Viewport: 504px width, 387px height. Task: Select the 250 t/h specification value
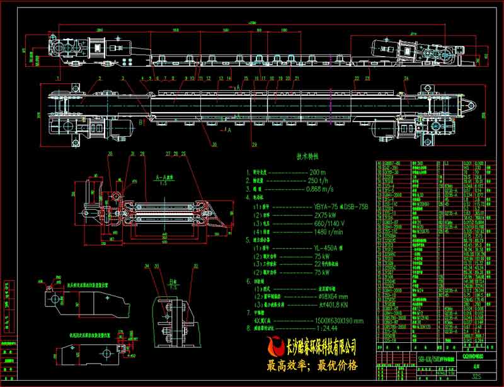(x=318, y=180)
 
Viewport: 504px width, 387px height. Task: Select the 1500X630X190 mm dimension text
(x=338, y=321)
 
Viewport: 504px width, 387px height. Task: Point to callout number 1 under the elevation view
(x=59, y=78)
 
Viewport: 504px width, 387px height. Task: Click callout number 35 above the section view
(x=110, y=154)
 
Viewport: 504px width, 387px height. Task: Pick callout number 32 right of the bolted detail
(x=196, y=267)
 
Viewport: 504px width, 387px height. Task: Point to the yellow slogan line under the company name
(x=312, y=365)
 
